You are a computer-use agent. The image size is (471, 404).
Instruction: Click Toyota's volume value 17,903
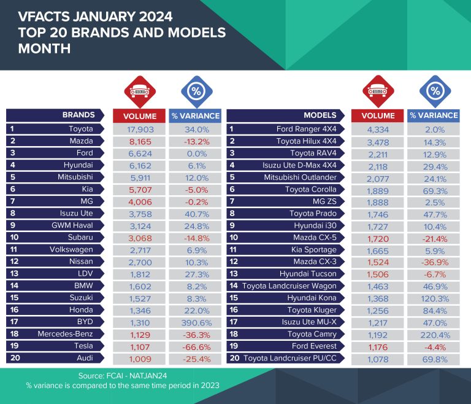coord(139,129)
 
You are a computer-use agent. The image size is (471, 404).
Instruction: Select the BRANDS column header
coord(78,115)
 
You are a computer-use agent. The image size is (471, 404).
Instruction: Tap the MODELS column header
coord(320,115)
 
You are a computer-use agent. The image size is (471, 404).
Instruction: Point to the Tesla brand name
coord(81,347)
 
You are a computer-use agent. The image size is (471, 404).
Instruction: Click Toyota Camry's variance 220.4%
coord(434,335)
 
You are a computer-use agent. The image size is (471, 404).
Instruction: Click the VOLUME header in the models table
coord(378,115)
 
